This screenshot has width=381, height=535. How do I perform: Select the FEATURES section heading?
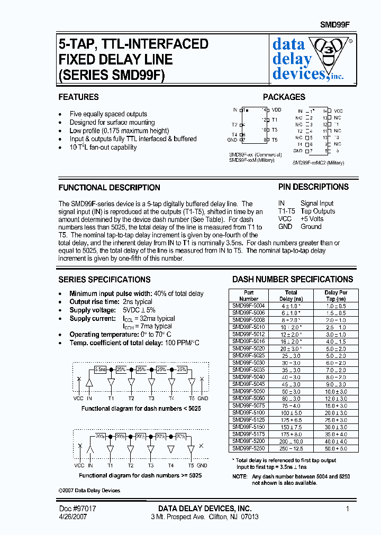tap(78, 97)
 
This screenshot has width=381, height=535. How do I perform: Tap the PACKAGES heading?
tap(284, 97)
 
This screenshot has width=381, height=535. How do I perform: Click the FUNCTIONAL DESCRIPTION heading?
tap(109, 188)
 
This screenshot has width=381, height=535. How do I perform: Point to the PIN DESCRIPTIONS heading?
tap(313, 187)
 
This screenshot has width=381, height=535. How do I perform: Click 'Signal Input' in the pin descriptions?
tap(317, 204)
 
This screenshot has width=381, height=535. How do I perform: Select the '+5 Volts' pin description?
tap(312, 219)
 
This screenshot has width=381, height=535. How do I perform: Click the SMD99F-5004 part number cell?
tap(249, 306)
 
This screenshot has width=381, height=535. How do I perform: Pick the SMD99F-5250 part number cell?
tap(249, 448)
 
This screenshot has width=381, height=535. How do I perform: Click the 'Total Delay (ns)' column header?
tap(291, 296)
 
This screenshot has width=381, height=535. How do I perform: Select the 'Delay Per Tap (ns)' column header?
tap(335, 296)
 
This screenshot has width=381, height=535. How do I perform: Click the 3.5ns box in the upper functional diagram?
tap(101, 369)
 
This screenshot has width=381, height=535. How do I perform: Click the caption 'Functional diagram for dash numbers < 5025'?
tap(141, 409)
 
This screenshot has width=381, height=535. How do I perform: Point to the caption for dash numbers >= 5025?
tap(141, 475)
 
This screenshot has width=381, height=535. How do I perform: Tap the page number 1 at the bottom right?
tap(348, 509)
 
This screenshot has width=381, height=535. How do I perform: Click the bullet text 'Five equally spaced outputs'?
tap(108, 114)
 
